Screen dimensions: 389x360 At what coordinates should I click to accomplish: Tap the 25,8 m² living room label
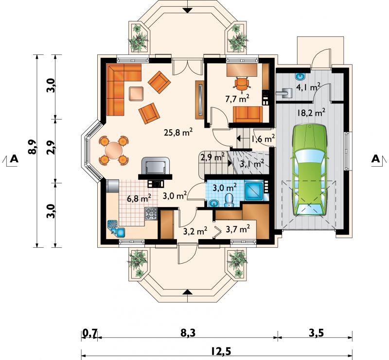coord(178,132)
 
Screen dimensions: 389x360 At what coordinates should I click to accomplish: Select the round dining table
coord(114,150)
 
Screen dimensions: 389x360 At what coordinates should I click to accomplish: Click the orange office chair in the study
coord(242,83)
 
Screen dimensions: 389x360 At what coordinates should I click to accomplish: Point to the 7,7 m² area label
coord(237,99)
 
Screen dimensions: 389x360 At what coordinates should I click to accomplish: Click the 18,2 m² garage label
coord(311,113)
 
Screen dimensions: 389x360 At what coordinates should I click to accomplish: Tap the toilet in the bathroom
coord(229,200)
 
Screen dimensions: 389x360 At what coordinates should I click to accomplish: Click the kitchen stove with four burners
coord(151,214)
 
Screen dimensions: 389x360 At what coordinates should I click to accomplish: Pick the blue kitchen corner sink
coord(116,228)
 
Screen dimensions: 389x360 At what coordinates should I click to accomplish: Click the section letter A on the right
coord(375,159)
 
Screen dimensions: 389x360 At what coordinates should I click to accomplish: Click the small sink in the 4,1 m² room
coord(301,76)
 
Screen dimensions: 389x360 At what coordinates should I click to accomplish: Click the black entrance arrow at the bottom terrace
coord(188,292)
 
